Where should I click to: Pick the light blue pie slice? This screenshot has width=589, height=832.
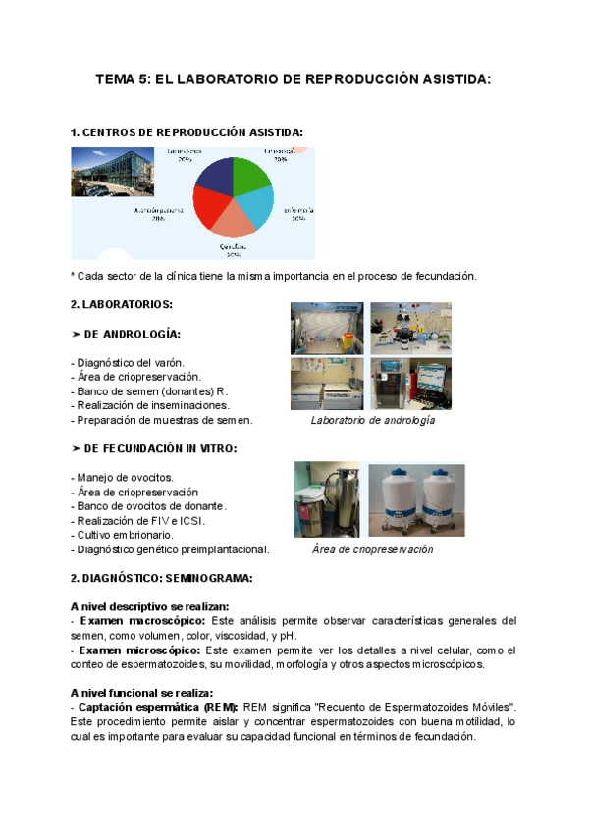point(257,205)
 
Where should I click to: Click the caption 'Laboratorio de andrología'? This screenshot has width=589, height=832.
point(372,420)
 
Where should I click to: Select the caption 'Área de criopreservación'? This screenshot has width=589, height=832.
point(372,549)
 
